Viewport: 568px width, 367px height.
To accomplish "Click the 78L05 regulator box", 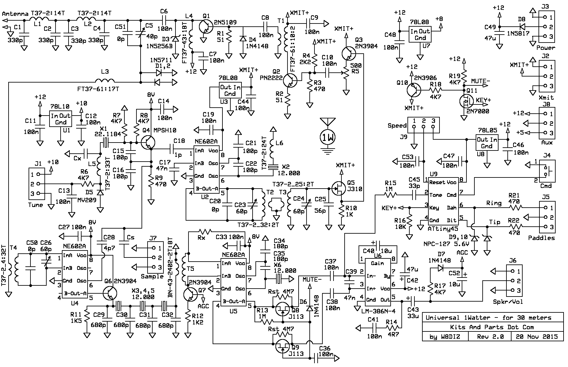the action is point(486,143).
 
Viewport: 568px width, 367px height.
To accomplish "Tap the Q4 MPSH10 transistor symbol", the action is point(148,142).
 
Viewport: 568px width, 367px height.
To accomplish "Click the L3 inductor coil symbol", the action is point(104,80).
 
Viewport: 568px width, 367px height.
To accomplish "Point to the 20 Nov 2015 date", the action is point(536,337).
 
